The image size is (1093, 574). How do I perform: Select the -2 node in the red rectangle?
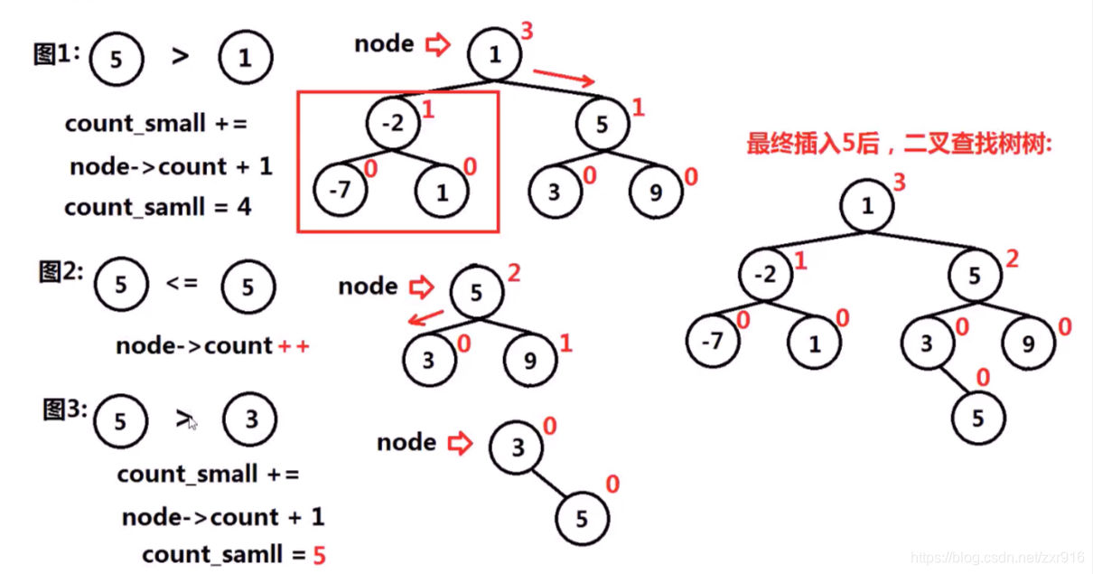click(394, 124)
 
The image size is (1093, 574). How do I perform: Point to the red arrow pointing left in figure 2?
click(425, 318)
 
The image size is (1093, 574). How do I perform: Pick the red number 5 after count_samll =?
click(319, 554)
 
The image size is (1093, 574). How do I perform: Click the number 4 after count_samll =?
click(245, 207)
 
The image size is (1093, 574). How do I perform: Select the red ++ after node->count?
click(293, 345)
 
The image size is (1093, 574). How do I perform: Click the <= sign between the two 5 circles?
click(182, 284)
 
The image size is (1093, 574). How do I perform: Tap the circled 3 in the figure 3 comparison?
click(250, 420)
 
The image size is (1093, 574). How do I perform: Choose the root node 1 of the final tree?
click(867, 206)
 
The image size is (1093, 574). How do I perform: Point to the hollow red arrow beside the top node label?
click(438, 44)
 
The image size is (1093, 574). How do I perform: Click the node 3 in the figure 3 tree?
click(517, 447)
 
